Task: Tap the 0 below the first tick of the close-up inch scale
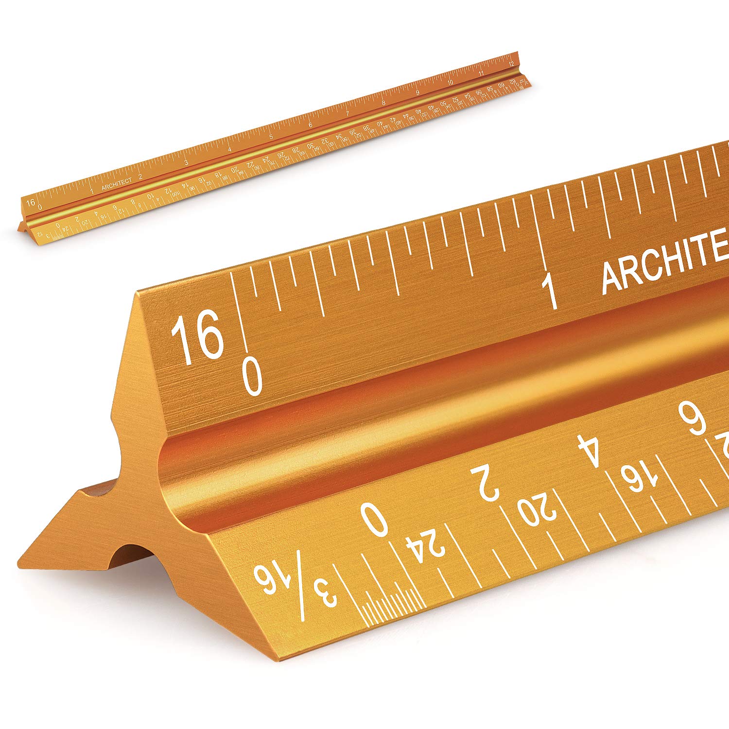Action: pyautogui.click(x=253, y=377)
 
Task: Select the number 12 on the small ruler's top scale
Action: pyautogui.click(x=510, y=64)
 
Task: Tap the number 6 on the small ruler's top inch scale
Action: pyautogui.click(x=310, y=125)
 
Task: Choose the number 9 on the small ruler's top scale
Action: pyautogui.click(x=417, y=92)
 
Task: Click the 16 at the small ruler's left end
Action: pyautogui.click(x=31, y=202)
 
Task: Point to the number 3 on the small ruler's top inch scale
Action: pyautogui.click(x=186, y=162)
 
